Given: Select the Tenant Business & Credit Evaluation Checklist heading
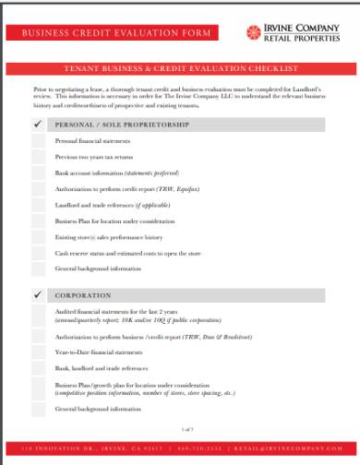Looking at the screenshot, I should (180, 68).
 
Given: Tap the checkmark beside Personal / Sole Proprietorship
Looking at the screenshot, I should (38, 123).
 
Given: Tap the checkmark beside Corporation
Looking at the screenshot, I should (38, 295).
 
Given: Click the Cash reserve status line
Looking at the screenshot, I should (120, 253).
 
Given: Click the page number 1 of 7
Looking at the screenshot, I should (180, 430).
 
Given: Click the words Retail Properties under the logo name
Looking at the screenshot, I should (303, 39).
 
